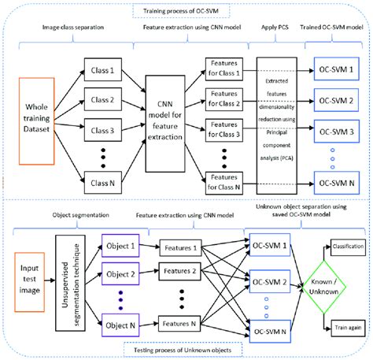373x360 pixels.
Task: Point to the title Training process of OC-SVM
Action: pos(187,12)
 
